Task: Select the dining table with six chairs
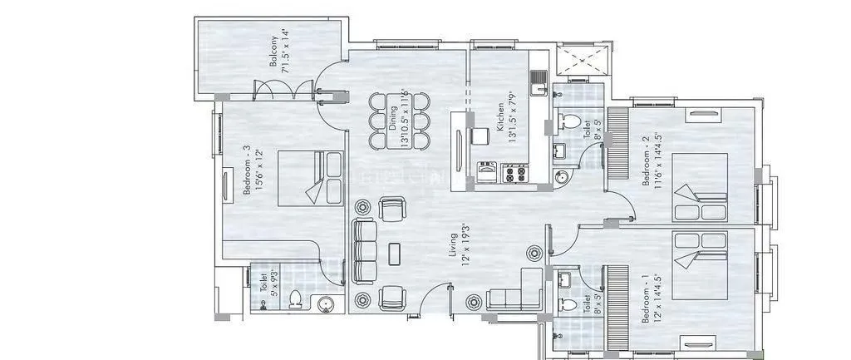(x=398, y=121)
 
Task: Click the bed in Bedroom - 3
(x=309, y=177)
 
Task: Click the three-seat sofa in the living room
(x=364, y=252)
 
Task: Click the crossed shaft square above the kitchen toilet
(x=582, y=62)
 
